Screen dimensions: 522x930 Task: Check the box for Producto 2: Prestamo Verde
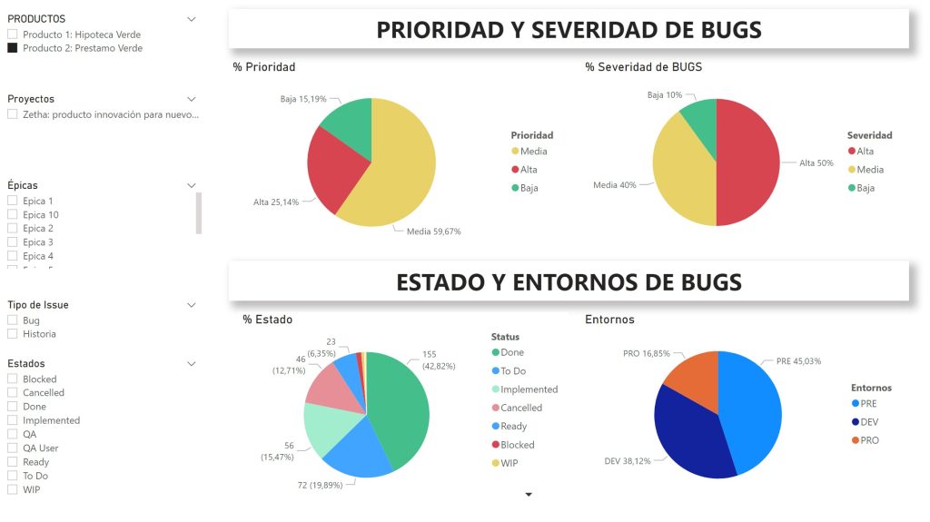(13, 48)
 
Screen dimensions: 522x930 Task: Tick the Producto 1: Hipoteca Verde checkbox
(13, 34)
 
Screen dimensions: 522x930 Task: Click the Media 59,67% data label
(433, 231)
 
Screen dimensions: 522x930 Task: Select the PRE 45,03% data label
(798, 360)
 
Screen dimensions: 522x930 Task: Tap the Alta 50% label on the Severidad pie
(816, 163)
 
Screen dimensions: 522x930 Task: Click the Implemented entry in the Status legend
(529, 389)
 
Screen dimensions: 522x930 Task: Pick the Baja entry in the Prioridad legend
(529, 188)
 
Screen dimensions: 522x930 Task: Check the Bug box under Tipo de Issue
(13, 320)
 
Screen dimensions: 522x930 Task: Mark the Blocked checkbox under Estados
(13, 379)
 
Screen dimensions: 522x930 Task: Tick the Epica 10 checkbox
(13, 215)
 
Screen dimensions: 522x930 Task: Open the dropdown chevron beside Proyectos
(192, 99)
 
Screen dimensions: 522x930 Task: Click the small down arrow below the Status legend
(529, 495)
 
